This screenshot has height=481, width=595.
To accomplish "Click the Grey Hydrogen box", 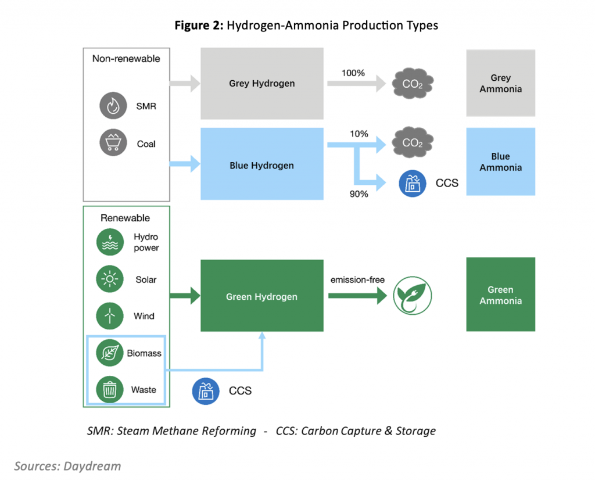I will tap(261, 84).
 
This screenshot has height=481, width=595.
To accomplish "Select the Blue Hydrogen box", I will tap(261, 166).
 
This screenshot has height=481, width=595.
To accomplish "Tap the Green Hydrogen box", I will tap(261, 296).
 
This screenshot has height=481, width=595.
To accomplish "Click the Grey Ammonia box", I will tap(500, 84).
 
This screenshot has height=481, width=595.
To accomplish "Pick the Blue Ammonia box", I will tap(500, 162).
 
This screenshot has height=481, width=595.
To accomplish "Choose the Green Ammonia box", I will tap(500, 295).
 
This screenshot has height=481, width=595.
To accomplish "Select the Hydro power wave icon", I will tap(110, 242).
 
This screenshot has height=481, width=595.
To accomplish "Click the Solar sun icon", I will tap(110, 279).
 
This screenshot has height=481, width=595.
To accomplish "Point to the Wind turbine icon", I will tap(110, 316).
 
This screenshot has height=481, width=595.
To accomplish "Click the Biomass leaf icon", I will tap(110, 353).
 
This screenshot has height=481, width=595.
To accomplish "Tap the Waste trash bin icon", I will tap(110, 390).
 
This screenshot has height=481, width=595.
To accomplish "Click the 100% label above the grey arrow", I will tap(354, 73).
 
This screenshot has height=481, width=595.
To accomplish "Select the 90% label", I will tap(359, 194).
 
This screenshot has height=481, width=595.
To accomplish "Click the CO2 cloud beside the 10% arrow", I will tap(412, 142).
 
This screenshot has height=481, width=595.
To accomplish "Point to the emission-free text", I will tap(357, 280).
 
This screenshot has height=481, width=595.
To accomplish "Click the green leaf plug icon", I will tap(414, 296).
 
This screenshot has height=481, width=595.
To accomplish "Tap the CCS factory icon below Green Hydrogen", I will tap(206, 390).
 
